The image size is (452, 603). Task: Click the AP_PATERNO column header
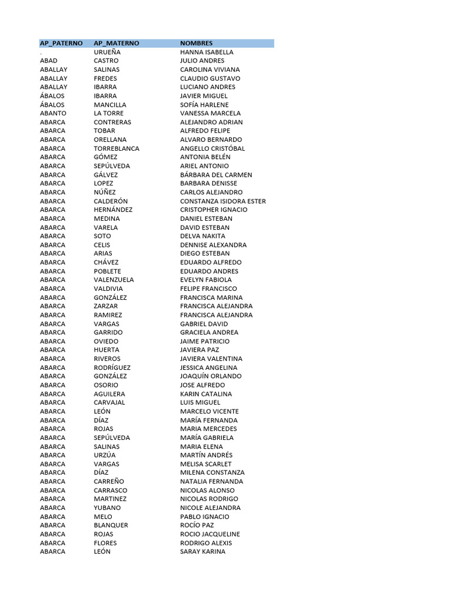coord(61,43)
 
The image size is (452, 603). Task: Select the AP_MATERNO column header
coord(117,43)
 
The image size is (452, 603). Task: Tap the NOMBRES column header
coord(197,43)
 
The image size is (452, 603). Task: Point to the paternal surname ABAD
coord(49,61)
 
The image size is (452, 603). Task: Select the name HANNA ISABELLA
coord(207,52)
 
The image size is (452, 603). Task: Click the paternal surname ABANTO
coord(53,113)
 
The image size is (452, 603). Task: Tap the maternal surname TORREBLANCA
coord(117,148)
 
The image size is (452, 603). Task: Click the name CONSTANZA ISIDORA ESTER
coord(223,201)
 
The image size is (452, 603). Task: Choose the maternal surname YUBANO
coord(107,508)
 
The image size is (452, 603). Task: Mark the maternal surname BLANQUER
coord(111,525)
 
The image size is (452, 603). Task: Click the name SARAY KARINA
coord(202,551)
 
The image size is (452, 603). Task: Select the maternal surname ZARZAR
coord(106,306)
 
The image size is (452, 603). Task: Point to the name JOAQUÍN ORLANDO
coord(211,376)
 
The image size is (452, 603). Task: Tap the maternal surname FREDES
coord(105,78)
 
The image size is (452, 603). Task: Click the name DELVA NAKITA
coord(202,236)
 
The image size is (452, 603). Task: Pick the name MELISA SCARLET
coord(206,464)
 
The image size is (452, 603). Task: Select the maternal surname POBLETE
coord(107,271)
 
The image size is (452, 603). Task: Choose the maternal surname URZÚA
coord(105,455)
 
